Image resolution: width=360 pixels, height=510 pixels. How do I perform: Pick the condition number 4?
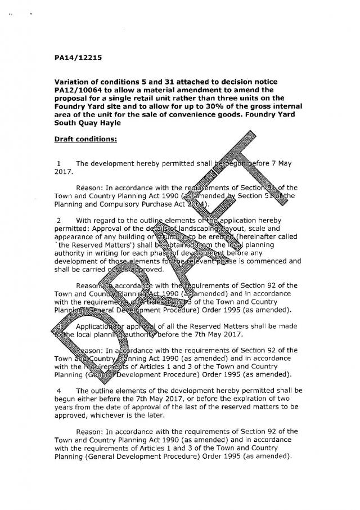[58, 389]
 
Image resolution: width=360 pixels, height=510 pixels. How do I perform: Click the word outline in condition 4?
[104, 390]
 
